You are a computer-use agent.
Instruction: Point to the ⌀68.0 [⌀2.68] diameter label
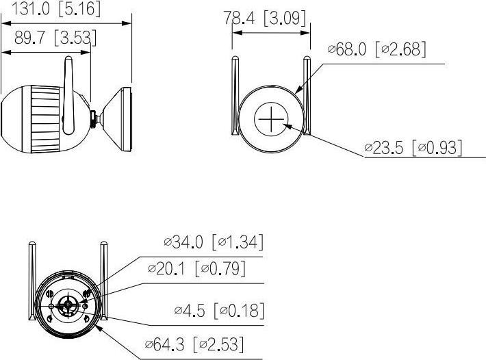[377, 50]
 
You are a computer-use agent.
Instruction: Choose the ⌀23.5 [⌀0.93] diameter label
[413, 147]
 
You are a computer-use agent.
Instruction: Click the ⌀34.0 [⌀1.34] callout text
[214, 242]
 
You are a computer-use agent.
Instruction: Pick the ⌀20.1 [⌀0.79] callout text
[196, 269]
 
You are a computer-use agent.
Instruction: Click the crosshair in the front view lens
[270, 122]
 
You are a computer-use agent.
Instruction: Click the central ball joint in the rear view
[68, 305]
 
